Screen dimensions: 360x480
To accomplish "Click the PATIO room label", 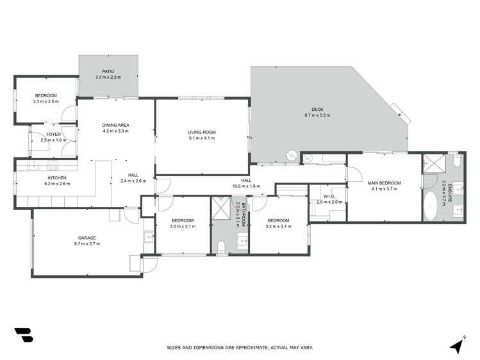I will coord(108,72).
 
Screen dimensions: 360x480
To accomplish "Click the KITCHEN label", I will coord(58,177).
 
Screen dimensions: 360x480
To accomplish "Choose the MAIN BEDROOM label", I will coord(384,183).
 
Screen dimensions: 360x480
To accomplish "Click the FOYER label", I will coord(53,134).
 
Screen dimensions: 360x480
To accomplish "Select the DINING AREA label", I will coord(116,125).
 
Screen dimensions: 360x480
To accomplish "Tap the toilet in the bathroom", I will coord(222,246).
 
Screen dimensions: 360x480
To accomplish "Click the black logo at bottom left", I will coord(23,335).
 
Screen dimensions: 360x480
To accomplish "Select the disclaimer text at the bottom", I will coord(240,348).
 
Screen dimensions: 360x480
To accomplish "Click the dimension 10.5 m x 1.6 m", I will coord(246,187).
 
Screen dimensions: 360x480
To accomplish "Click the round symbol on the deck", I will coord(291,155).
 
